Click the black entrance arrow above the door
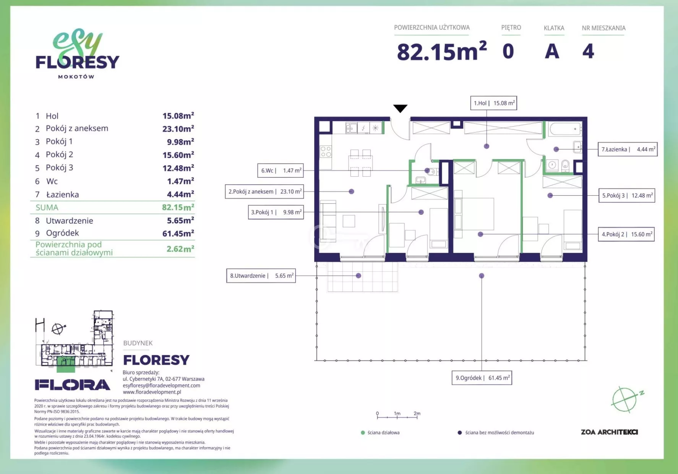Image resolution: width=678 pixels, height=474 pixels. pyautogui.click(x=400, y=109)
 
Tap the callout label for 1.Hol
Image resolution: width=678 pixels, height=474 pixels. pyautogui.click(x=494, y=103)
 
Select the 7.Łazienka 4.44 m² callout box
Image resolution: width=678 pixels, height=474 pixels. pyautogui.click(x=628, y=149)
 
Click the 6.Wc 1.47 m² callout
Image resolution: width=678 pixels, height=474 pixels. pyautogui.click(x=281, y=170)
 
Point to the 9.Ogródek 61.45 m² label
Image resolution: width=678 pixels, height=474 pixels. pyautogui.click(x=482, y=378)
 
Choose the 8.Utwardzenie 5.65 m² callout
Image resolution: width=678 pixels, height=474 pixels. pyautogui.click(x=261, y=276)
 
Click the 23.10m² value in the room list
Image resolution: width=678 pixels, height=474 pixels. pyautogui.click(x=178, y=129)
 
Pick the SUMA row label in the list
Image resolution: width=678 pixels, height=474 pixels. pyautogui.click(x=47, y=208)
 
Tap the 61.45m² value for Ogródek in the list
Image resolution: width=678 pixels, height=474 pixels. pyautogui.click(x=178, y=233)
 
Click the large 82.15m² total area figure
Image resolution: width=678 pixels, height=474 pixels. pyautogui.click(x=442, y=52)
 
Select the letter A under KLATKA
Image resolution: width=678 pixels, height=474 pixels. pyautogui.click(x=552, y=52)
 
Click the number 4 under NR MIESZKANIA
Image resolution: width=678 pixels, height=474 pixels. pyautogui.click(x=588, y=52)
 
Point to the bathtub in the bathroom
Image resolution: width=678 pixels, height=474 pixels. pyautogui.click(x=565, y=129)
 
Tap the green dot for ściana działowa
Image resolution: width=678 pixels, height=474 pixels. pyautogui.click(x=363, y=433)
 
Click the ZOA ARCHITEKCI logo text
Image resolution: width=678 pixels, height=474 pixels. pyautogui.click(x=609, y=432)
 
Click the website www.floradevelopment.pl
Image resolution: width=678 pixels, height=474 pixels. pyautogui.click(x=152, y=392)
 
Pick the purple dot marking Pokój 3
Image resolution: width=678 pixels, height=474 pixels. pyautogui.click(x=550, y=195)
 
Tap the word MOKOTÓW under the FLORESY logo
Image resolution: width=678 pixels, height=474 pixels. pyautogui.click(x=76, y=76)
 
